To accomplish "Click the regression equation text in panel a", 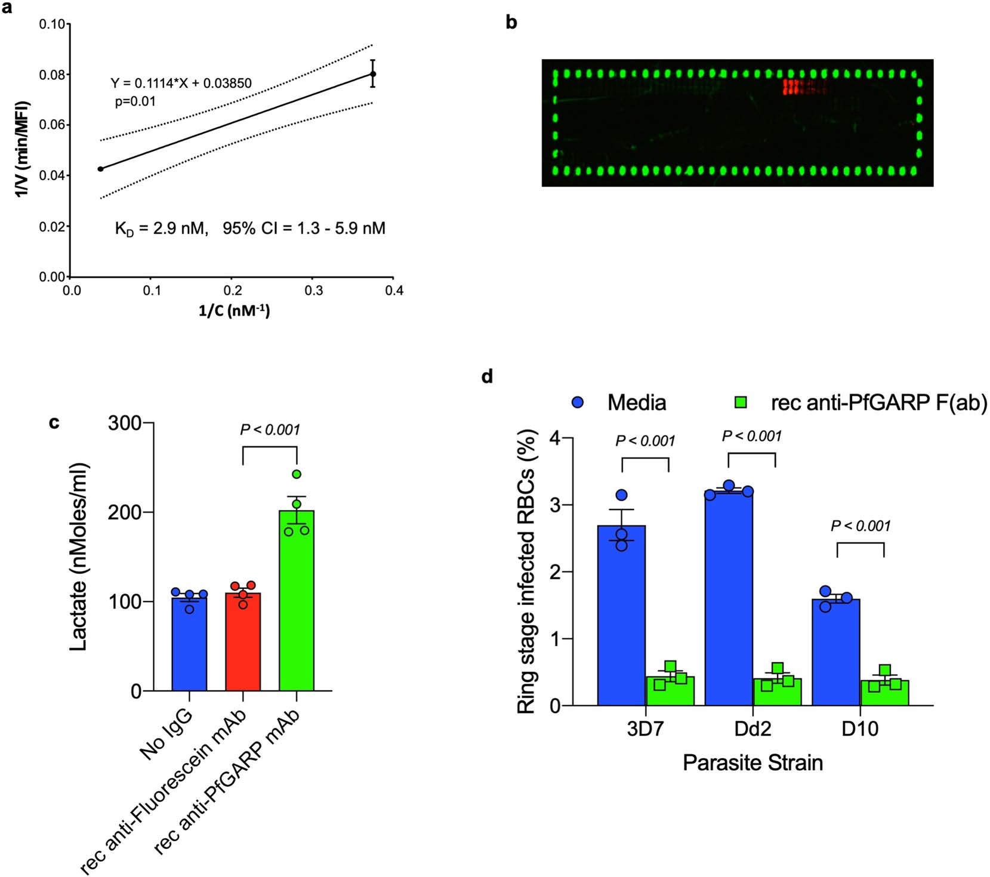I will [x=181, y=83].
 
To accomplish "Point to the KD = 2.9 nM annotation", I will [x=161, y=228].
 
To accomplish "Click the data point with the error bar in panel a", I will [x=373, y=74].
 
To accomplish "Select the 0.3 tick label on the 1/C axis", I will [x=314, y=291].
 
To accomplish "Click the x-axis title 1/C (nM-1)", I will [x=234, y=310].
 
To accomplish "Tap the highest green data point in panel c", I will [x=297, y=474].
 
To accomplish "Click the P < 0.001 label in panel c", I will [x=270, y=430].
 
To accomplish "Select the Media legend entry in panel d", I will [x=621, y=403].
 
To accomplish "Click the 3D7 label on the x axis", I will [x=645, y=729].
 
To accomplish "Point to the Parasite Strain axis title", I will [x=752, y=762].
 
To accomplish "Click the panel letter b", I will [x=511, y=23].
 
